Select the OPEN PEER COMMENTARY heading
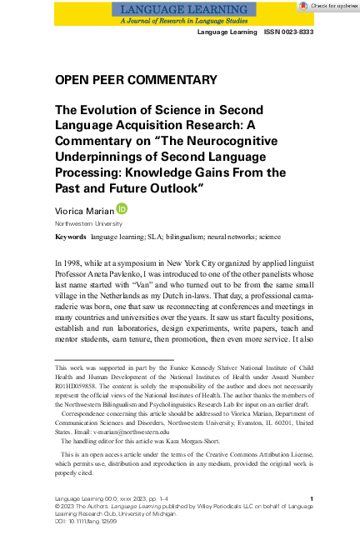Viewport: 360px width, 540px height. [136, 80]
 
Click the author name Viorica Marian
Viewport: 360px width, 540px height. [86, 212]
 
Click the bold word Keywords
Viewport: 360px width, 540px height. [70, 237]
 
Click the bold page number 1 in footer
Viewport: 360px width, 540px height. [311, 498]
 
